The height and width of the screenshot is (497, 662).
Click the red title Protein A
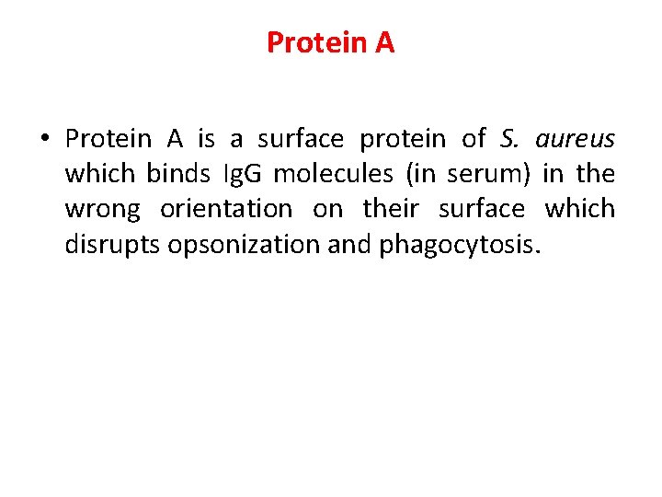click(330, 42)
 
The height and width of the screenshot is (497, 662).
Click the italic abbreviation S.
click(509, 139)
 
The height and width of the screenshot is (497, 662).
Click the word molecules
click(333, 174)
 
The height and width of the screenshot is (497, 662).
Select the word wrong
click(102, 209)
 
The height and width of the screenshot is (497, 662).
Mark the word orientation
click(225, 209)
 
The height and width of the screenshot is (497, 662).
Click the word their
click(391, 209)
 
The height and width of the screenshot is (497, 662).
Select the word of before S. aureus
click(474, 139)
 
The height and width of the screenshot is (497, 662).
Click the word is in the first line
click(207, 139)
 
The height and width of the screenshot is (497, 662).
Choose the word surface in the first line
click(301, 139)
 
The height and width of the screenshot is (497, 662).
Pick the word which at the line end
click(580, 209)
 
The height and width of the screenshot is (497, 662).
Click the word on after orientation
click(327, 209)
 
